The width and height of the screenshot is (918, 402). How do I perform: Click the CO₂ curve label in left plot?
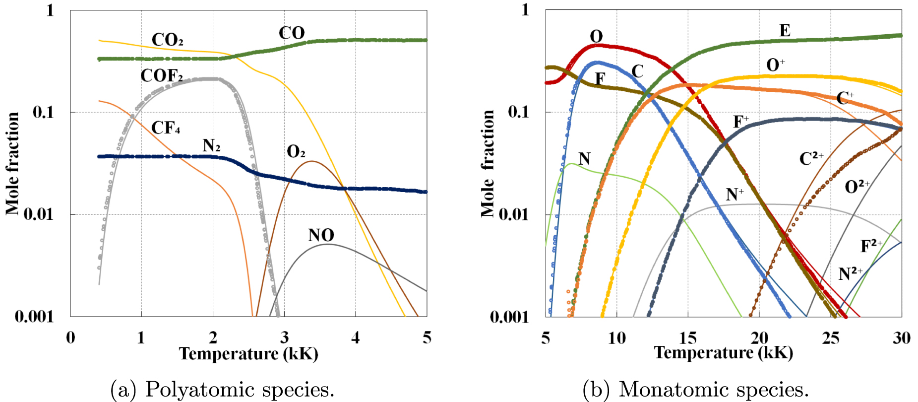[x=167, y=40]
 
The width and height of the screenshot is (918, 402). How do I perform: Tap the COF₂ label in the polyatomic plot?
[x=161, y=75]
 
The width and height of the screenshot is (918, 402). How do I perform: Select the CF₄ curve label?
[x=166, y=128]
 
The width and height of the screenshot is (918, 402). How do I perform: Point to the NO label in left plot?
[x=321, y=235]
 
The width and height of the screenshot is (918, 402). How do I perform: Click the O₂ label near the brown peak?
[x=296, y=151]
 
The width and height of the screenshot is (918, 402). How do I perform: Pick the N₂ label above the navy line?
[x=211, y=145]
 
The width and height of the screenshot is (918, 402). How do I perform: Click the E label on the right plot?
[x=785, y=31]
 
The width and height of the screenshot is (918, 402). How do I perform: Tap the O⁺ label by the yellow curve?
[x=775, y=65]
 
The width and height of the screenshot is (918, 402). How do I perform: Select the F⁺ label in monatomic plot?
[x=741, y=122]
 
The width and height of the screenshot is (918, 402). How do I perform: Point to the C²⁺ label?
[x=811, y=159]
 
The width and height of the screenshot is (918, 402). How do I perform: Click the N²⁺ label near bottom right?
[x=850, y=273]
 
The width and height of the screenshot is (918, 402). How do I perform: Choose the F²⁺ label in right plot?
[x=871, y=246]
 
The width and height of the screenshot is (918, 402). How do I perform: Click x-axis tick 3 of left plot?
[x=284, y=338]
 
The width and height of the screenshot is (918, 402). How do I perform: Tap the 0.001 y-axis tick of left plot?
[x=34, y=316]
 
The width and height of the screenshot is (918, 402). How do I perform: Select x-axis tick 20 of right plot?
[x=759, y=338]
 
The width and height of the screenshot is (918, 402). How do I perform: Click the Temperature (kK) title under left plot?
[x=248, y=354]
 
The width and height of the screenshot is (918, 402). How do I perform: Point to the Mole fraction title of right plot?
[x=488, y=164]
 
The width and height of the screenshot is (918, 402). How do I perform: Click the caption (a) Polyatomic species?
[x=222, y=389]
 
